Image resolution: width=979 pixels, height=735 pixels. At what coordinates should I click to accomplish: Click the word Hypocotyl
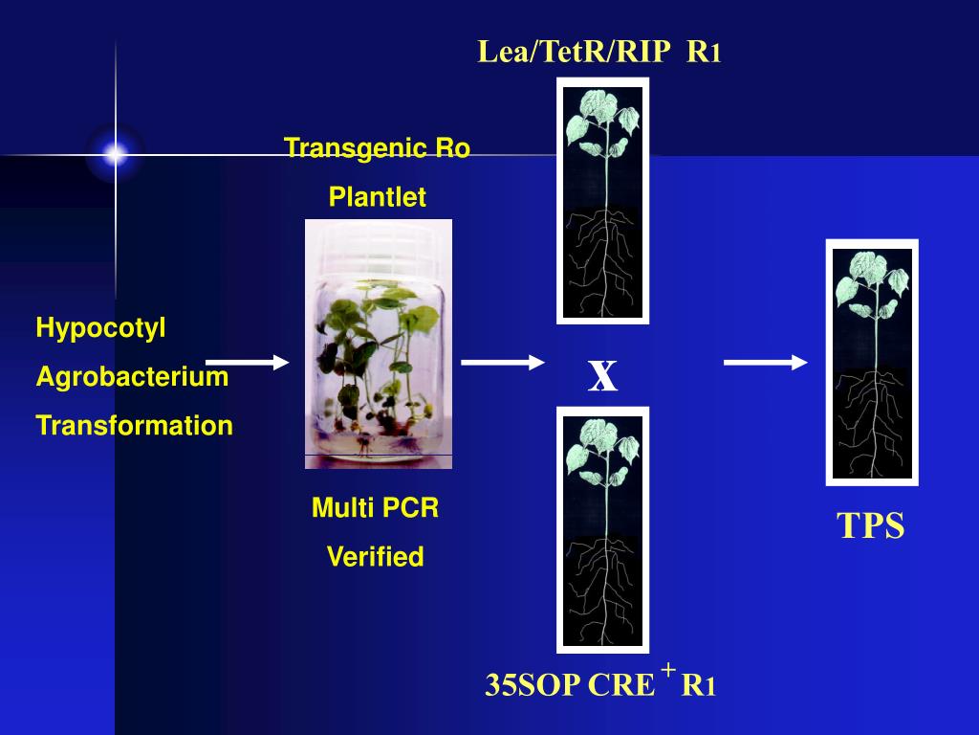[100, 328]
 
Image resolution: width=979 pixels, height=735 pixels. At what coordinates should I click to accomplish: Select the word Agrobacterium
[132, 377]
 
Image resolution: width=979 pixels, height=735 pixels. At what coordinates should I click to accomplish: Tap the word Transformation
[134, 426]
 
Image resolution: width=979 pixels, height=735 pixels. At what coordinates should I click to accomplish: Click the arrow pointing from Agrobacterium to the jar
[247, 362]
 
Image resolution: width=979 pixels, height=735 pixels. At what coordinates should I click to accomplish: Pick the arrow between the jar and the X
[503, 362]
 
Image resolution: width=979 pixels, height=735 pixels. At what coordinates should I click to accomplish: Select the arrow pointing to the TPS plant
[765, 362]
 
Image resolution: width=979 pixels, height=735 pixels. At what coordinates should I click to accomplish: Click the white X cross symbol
[602, 377]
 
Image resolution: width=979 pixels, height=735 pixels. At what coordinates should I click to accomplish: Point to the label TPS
[870, 526]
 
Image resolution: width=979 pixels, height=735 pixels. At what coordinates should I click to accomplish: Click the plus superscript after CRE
[667, 668]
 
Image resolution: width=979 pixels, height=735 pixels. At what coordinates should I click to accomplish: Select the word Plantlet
[377, 197]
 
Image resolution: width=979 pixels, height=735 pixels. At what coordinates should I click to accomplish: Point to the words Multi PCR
[375, 508]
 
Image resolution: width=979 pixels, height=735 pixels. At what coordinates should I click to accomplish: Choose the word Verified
[375, 557]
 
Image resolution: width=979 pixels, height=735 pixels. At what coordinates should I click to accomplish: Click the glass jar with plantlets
[378, 345]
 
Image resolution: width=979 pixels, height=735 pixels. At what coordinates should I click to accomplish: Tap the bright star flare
[116, 154]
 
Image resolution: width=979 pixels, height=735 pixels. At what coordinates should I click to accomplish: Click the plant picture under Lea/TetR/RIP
[602, 201]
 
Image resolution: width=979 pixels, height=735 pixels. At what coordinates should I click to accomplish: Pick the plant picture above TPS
[871, 362]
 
